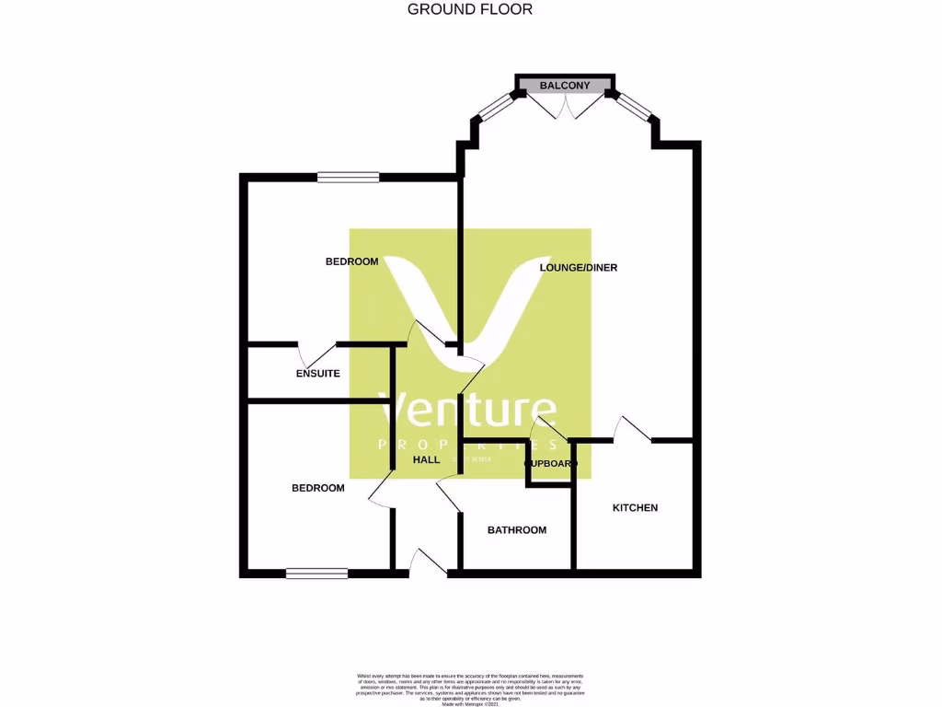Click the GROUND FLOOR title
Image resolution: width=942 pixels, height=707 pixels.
tap(470, 9)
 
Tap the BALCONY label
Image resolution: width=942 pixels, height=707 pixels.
tap(565, 86)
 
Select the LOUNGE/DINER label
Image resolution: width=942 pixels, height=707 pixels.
tap(578, 268)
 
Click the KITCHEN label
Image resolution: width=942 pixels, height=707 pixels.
tap(635, 508)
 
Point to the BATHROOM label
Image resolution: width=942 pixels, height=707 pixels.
tap(516, 530)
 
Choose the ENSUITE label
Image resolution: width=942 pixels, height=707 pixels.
tap(318, 374)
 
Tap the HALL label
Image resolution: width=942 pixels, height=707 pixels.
tap(426, 459)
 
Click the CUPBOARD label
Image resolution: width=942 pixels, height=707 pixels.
tap(550, 463)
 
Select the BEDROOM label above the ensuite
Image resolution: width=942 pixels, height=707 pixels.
tap(351, 261)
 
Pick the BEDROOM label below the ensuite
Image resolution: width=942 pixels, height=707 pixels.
tap(317, 488)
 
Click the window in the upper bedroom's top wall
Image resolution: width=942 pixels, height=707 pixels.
tap(348, 177)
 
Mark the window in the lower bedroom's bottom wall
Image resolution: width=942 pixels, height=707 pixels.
tap(316, 574)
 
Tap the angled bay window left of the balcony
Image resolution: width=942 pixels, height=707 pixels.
tap(494, 107)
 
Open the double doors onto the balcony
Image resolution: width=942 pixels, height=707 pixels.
tap(565, 106)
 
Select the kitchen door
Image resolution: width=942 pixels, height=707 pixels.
tap(634, 429)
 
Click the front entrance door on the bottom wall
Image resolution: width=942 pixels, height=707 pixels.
tap(428, 562)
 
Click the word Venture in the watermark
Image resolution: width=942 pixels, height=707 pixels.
tap(469, 411)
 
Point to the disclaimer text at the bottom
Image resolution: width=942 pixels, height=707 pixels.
tap(470, 689)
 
